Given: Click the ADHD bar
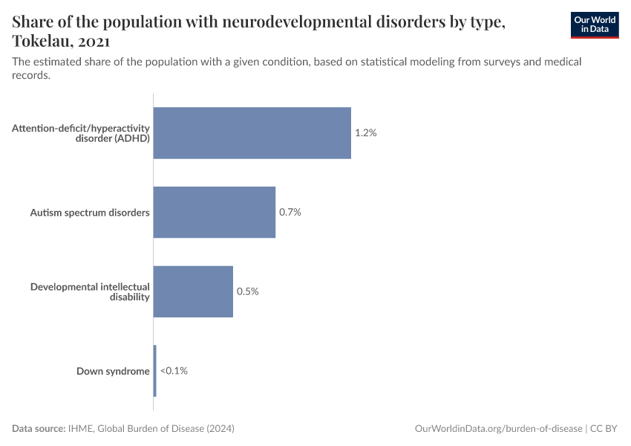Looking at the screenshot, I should click(252, 133).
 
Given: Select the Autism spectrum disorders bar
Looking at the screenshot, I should click(214, 212).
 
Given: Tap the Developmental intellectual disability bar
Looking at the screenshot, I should click(193, 291).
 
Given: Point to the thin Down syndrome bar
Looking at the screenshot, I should click(155, 370).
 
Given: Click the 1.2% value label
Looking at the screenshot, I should click(366, 133).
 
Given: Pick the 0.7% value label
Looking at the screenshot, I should click(290, 212).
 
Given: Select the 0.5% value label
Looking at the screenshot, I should click(247, 291).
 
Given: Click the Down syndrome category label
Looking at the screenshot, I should click(113, 371).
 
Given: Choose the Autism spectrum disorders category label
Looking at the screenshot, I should click(90, 213).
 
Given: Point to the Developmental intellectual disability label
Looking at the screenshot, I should click(90, 291).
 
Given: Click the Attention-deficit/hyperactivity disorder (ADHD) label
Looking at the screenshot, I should click(81, 133).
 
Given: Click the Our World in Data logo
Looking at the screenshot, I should click(594, 25).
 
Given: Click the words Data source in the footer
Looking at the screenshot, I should click(38, 429).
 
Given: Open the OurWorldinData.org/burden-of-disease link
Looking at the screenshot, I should click(497, 429).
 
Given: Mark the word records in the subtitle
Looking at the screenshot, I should click(31, 75).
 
